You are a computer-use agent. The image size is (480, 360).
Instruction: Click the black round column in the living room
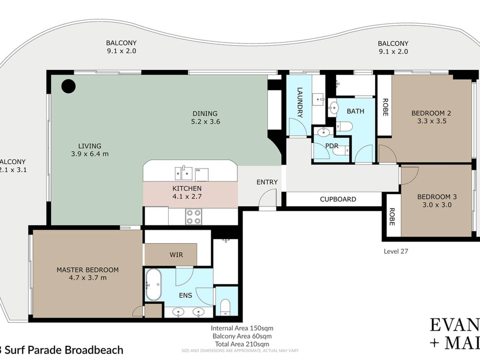[x=68, y=86]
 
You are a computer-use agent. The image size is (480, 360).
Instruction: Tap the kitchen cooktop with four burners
[x=193, y=217]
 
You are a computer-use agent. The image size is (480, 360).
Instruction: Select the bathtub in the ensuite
[x=153, y=284]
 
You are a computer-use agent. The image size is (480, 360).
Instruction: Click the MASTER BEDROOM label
[x=87, y=270]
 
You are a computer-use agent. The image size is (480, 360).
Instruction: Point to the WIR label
[x=176, y=254]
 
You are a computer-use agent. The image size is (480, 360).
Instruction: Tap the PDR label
[x=332, y=146]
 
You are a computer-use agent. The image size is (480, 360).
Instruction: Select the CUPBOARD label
[x=338, y=199]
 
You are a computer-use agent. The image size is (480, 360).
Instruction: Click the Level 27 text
[x=396, y=252]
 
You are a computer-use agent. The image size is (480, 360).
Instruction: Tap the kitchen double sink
[x=183, y=173]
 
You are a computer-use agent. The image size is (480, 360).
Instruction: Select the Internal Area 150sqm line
[x=242, y=328]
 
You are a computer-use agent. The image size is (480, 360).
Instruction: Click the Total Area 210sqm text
[x=242, y=344]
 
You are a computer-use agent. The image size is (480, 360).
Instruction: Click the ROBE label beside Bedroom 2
[x=385, y=107]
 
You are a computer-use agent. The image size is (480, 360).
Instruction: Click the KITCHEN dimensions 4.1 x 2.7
[x=187, y=196]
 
